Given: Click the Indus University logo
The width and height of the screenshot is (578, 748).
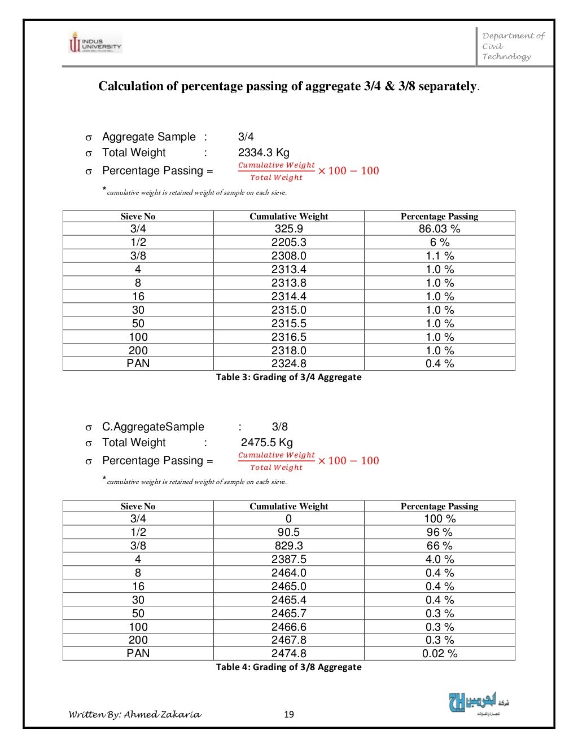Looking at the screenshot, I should [x=95, y=42].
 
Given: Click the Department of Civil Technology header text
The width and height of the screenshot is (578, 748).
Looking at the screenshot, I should [x=513, y=46].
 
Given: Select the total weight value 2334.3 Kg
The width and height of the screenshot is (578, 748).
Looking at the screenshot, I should [x=264, y=152].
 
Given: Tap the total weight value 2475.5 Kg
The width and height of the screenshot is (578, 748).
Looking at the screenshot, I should [x=266, y=442].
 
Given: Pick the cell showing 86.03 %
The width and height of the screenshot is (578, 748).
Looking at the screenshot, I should [x=439, y=228].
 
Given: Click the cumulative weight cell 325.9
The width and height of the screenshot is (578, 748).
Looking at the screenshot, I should [x=288, y=228].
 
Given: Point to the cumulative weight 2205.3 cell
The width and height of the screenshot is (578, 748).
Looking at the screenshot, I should [x=288, y=242].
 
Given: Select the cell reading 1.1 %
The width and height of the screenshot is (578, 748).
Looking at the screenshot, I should [x=439, y=256].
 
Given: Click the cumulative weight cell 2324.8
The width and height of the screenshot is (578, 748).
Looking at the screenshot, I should [x=288, y=364].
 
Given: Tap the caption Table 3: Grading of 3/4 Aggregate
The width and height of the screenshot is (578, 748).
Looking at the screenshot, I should [x=288, y=377].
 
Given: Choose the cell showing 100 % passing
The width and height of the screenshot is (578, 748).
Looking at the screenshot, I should [x=439, y=518].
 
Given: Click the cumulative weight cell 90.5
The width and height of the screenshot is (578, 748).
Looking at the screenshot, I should [x=288, y=532].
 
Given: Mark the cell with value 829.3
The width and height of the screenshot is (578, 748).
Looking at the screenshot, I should [x=288, y=545].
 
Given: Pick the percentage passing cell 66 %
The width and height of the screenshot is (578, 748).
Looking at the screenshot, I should [x=439, y=545].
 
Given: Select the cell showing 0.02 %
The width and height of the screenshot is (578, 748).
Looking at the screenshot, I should [x=439, y=654].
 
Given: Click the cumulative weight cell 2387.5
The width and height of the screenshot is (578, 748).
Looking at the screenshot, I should [x=288, y=559].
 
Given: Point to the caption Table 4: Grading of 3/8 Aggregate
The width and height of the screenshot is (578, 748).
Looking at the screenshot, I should [x=288, y=667].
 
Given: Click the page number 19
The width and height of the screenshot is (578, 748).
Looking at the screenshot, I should [x=288, y=714].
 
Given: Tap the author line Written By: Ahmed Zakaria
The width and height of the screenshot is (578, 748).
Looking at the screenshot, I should [x=134, y=714].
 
